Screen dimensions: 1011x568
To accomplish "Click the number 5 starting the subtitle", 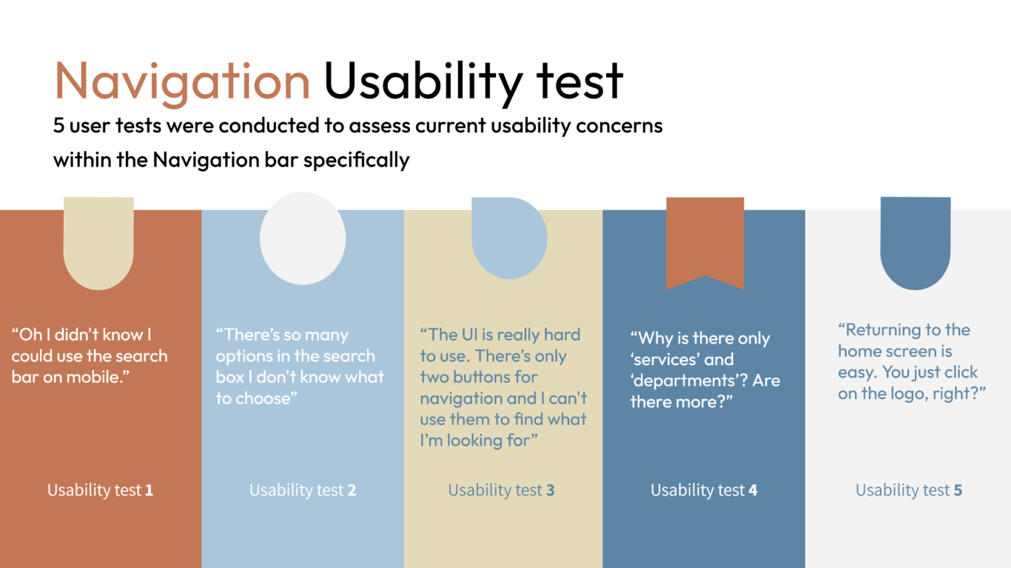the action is point(58,125).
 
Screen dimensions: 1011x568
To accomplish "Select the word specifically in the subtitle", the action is point(356,160).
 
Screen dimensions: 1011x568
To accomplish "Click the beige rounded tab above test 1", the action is point(98,243).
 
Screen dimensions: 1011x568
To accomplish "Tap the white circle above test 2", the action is point(303,238).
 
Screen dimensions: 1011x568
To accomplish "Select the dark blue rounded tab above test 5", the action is point(916,243).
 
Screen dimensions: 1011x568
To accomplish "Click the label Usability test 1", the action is point(100,490).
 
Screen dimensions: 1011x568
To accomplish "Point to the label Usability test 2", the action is point(303,490).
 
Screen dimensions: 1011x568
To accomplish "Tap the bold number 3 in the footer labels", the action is point(550,490).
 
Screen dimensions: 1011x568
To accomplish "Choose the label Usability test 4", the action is point(704,490).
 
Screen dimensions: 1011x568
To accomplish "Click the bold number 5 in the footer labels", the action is point(958,490).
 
